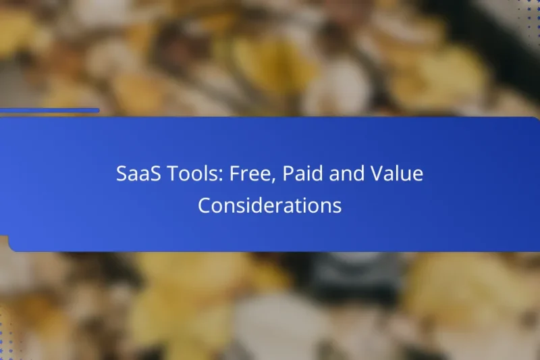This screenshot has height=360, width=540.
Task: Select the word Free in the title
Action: [x=249, y=174]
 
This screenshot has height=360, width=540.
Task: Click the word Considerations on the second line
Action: [x=269, y=205]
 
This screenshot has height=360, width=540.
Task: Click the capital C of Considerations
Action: [x=204, y=205]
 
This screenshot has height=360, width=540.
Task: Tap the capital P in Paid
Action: [x=288, y=174]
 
